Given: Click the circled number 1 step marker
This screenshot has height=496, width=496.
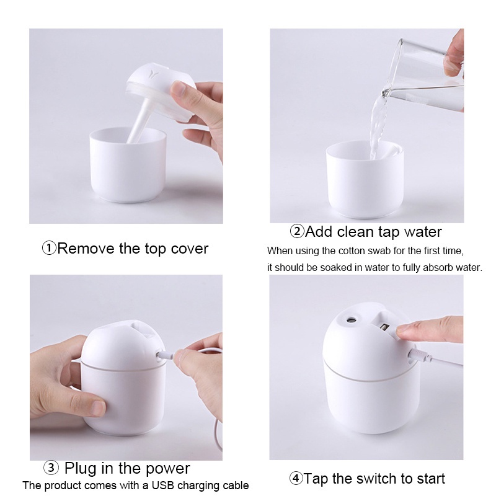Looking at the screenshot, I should [49, 249].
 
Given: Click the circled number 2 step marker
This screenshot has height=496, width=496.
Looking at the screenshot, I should [297, 232].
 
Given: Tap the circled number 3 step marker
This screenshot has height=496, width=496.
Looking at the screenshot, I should [51, 468].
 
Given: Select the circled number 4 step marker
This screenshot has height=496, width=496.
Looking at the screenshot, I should [296, 479].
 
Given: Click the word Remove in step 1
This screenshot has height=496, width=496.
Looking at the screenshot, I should [85, 249].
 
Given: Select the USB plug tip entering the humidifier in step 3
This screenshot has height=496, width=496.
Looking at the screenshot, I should [162, 356].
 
